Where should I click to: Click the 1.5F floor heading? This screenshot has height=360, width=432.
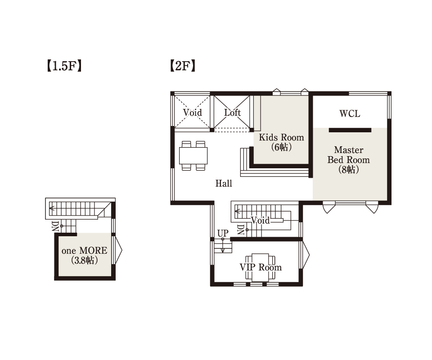pos(64,66)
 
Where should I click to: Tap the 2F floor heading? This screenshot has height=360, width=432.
pos(183,66)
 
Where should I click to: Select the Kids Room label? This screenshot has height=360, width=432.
pos(281,137)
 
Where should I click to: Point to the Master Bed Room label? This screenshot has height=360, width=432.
pos(348,155)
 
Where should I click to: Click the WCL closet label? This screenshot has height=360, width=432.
pos(350,113)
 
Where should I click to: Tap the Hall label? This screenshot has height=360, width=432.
pos(224,184)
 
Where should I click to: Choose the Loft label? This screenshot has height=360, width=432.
pos(232,112)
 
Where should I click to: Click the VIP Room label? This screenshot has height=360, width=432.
pos(261,267)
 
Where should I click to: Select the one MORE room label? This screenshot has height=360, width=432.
pos(84,250)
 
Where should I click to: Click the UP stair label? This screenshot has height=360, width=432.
pos(223,233)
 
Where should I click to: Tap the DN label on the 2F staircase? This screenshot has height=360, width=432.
pos(240,229)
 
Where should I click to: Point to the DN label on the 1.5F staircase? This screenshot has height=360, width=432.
pos(55,225)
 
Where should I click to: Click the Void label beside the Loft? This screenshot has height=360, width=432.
pos(192,112)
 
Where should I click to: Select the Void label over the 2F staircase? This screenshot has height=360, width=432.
pos(260,220)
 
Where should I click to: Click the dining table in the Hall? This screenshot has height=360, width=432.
pos(193,156)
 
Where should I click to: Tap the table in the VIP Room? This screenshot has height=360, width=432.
pos(260,267)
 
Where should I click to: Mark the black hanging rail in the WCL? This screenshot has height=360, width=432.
pos(350,130)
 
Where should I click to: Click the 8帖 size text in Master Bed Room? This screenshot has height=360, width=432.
pos(348,170)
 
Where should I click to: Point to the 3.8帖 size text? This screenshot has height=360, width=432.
pos(84,260)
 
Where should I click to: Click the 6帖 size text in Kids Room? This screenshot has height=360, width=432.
pos(281,147)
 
